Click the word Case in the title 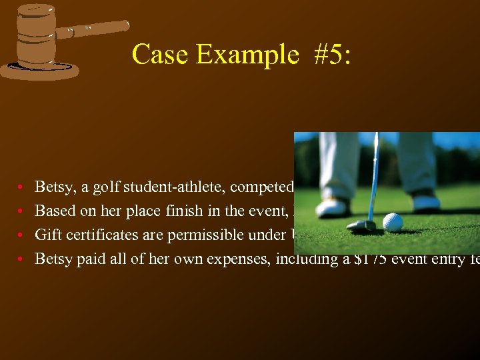[x=161, y=54]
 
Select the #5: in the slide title [x=330, y=54]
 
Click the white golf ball [x=393, y=222]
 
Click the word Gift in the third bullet [x=46, y=235]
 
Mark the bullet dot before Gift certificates [x=23, y=235]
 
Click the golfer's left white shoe [x=332, y=207]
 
